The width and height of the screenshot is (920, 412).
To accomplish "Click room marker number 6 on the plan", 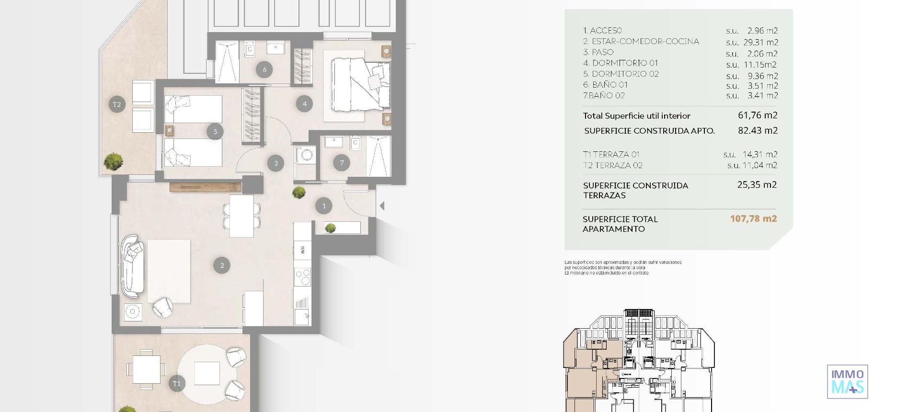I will coord(264,69).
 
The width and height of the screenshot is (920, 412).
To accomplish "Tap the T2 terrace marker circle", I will coord(117,104).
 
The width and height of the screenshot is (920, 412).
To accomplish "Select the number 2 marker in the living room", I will coord(221,265).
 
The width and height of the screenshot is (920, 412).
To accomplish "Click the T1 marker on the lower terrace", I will coord(177,383).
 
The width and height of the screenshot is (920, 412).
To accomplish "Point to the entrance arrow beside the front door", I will coord(382,206).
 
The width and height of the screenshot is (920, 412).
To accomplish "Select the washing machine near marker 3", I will coord(305,155).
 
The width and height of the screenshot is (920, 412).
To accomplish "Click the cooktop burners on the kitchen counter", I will coord(303,277).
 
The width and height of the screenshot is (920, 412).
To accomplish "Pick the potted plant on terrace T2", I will coord(113,161).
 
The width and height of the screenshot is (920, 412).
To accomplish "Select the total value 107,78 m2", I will coord(753,218).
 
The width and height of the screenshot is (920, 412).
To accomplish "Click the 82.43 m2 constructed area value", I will coord(758,130).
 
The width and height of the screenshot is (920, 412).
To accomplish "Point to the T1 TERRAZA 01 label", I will coord(611,154).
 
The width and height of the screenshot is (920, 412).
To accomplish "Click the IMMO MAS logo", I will coord(847,382).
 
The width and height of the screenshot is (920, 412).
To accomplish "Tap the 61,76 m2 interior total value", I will coord(758,115).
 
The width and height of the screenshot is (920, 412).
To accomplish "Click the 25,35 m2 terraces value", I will coord(757,184).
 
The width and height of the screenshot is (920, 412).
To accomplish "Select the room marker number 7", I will coord(342,162).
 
